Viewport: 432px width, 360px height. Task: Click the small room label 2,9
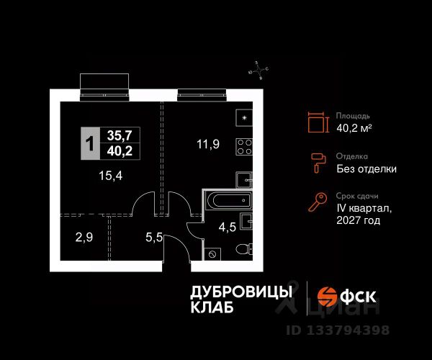(85, 235)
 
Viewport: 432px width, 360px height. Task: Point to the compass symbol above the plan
(258, 70)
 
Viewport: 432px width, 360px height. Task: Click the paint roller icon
(317, 163)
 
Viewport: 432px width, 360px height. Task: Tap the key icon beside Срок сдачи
(317, 203)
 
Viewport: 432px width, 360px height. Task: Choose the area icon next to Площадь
(317, 122)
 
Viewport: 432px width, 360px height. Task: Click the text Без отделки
(366, 170)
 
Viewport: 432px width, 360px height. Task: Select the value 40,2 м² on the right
(354, 129)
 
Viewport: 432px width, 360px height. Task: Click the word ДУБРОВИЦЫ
(240, 291)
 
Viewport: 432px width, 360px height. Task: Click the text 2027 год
(358, 221)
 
